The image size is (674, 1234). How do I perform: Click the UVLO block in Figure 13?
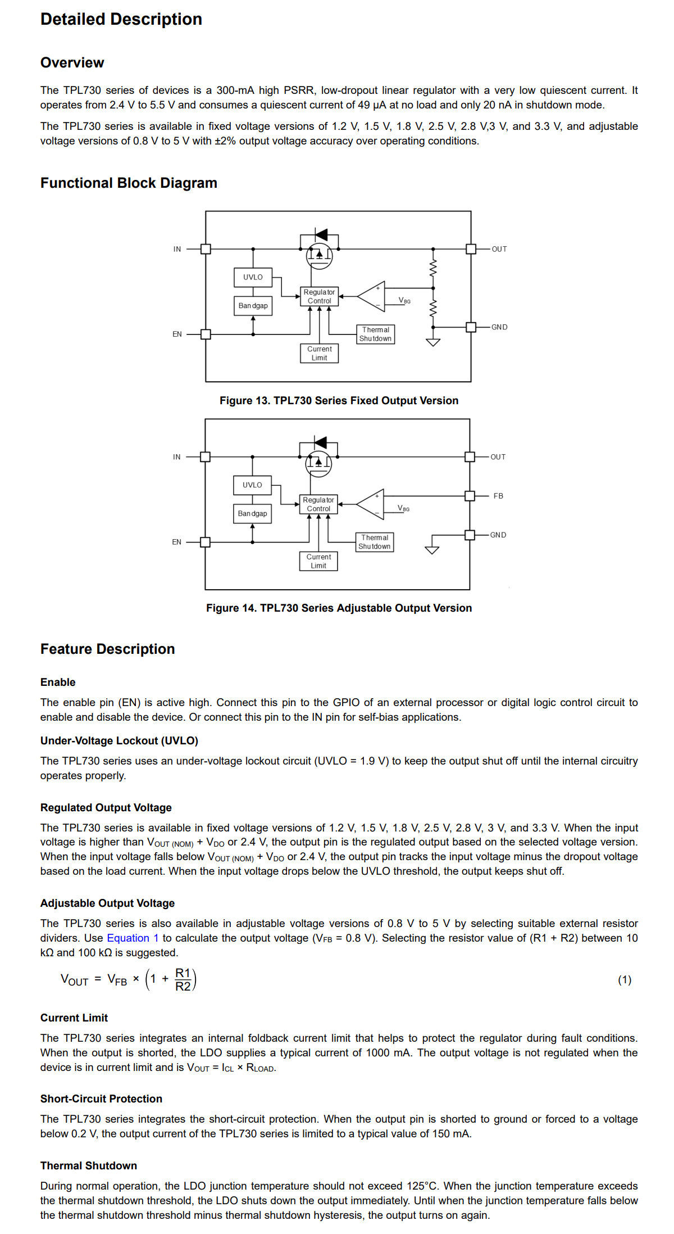tap(253, 277)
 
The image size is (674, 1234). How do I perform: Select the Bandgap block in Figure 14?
tap(252, 514)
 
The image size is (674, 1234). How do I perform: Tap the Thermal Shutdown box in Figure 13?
tap(375, 335)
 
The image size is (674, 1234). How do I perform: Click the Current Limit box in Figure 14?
tap(318, 562)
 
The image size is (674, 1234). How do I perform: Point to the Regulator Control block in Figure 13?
tap(319, 297)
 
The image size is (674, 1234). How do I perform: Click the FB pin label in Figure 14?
tap(498, 496)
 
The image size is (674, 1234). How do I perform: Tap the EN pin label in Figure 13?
tap(177, 335)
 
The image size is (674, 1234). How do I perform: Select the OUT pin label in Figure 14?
tap(498, 457)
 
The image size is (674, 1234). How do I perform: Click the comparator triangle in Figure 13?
tap(371, 296)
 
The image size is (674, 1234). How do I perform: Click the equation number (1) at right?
tap(625, 980)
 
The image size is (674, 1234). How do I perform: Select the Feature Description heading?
tap(108, 649)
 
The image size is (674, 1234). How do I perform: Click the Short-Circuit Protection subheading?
tap(101, 1099)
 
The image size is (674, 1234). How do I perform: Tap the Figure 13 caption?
tap(339, 401)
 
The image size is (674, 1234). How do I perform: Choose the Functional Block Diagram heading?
tap(129, 183)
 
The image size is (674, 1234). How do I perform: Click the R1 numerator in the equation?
tap(183, 973)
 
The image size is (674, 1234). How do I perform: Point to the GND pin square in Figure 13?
tap(471, 327)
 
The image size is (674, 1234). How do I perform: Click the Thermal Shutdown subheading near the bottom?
tap(89, 1166)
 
